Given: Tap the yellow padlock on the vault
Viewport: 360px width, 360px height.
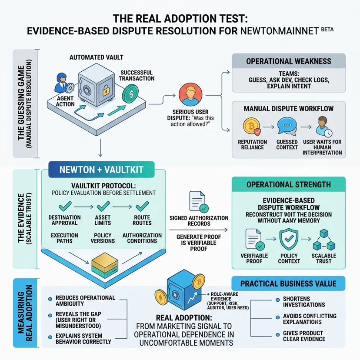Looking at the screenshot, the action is tap(105, 90).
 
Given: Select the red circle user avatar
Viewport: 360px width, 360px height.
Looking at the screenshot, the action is tap(190, 95).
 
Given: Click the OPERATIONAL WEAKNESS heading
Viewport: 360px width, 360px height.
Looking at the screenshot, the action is tap(289, 61).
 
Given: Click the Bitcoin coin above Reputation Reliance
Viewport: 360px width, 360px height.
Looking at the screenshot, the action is tap(252, 126).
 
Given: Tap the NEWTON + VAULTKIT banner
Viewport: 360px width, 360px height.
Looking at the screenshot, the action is tap(101, 170).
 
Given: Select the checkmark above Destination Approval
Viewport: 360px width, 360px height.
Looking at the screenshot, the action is tap(65, 207).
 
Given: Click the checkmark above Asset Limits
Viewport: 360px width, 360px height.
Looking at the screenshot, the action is tap(103, 207).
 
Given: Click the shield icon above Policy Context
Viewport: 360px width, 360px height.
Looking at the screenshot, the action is tap(289, 240).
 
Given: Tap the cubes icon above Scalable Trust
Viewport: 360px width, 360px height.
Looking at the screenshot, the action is tap(324, 240).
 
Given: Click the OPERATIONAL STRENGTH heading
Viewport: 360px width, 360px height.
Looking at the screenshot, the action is tap(289, 185).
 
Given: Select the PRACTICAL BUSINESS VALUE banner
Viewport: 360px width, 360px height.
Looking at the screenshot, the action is tap(288, 283).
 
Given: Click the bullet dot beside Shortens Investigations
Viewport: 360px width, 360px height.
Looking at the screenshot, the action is tap(277, 300).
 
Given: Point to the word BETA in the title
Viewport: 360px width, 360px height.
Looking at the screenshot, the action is tap(327, 29).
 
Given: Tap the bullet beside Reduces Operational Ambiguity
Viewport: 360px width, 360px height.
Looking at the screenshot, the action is tap(50, 299).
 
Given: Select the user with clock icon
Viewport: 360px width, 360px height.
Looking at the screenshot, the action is tap(323, 127).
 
